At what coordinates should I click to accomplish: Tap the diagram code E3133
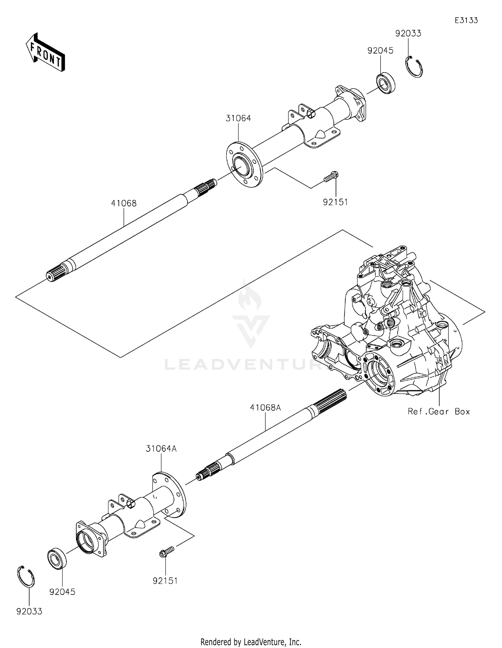[466, 20]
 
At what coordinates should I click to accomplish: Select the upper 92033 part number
[408, 33]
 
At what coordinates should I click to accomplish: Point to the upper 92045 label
[380, 50]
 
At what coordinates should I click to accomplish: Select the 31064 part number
[238, 118]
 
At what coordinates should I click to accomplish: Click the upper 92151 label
[335, 202]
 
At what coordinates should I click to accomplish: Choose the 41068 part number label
[124, 203]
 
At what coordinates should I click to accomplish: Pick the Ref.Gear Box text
[438, 412]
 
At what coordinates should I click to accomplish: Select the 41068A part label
[265, 408]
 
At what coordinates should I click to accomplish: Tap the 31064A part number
[161, 449]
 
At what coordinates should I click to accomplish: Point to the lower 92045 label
[62, 592]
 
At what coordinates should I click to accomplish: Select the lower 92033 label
[29, 612]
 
